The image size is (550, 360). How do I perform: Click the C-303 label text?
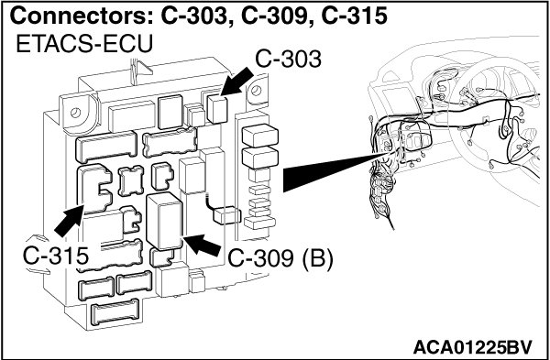point(288,60)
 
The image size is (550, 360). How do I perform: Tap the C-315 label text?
point(55,256)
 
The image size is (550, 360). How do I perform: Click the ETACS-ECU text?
point(84,44)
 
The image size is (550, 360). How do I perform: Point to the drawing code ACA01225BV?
point(472,347)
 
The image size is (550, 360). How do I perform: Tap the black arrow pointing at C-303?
point(237,82)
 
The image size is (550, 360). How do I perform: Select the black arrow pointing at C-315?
point(70,221)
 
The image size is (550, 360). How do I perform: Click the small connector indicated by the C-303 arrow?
point(217,109)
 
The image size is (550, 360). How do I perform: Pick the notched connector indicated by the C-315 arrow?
point(94,189)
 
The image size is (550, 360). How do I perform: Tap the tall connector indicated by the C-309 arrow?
point(164,221)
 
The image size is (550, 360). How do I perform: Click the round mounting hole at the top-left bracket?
point(75,113)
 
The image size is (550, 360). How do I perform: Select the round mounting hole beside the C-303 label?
point(257,91)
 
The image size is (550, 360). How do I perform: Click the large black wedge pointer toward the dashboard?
point(335,172)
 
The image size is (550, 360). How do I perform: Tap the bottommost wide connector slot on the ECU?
point(115,311)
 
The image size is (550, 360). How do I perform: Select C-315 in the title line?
point(354,16)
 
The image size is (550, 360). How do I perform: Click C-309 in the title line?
point(273,16)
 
